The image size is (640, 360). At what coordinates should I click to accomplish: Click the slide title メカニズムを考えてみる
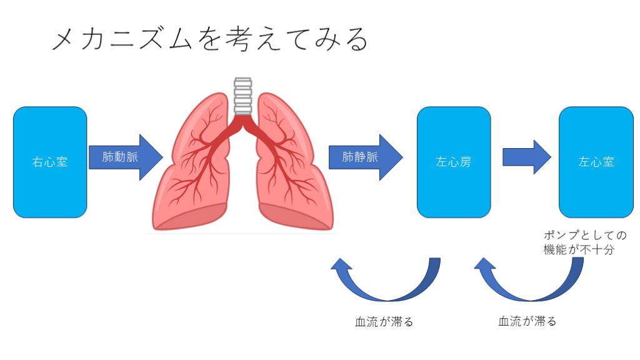[x=209, y=41]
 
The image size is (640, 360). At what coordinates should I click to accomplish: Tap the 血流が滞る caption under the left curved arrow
[x=384, y=322]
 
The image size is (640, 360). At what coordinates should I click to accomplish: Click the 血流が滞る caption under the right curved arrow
[x=527, y=322]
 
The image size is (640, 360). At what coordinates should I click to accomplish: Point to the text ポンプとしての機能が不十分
[x=585, y=242]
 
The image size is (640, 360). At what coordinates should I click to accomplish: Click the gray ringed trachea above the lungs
[x=242, y=96]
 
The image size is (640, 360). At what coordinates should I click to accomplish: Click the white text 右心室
[x=50, y=162]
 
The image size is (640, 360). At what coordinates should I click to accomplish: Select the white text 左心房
[x=454, y=162]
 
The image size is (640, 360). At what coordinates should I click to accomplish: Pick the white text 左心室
[x=596, y=162]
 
